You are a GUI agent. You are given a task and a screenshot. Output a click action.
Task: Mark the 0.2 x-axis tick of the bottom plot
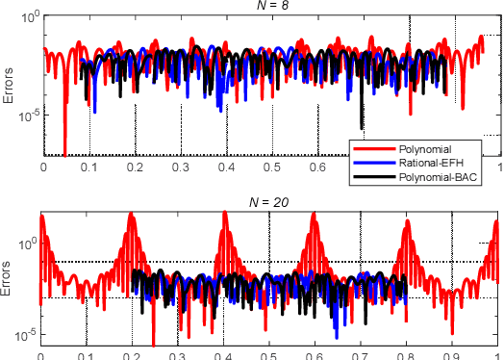tap(134, 352)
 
